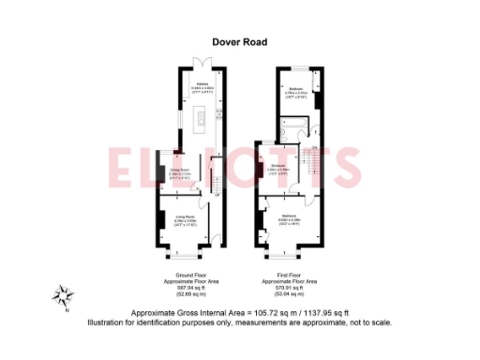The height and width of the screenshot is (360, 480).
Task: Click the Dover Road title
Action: (239, 40)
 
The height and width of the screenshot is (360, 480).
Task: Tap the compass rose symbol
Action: (63, 297)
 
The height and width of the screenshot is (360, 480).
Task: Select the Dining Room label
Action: (179, 169)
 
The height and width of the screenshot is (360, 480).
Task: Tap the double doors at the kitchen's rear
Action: (200, 64)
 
